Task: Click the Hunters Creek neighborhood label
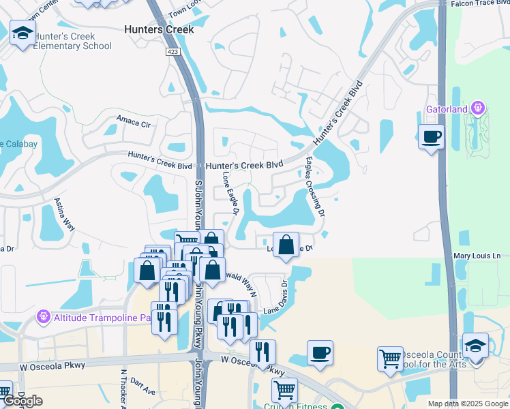(159, 29)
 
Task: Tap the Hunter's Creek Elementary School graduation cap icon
(22, 32)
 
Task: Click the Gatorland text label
(447, 109)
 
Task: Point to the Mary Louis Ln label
(477, 256)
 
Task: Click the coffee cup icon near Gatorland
(430, 136)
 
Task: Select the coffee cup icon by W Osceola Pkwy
(320, 353)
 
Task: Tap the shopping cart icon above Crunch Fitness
(284, 390)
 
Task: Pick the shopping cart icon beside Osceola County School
(390, 358)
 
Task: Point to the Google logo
(22, 401)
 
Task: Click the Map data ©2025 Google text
(467, 404)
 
